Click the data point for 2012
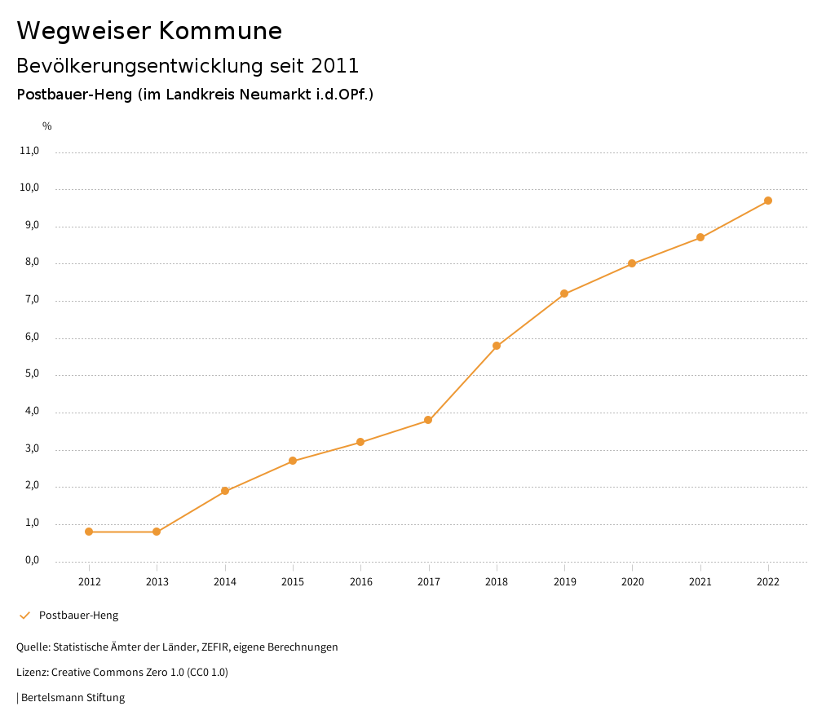(x=89, y=532)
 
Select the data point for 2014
(x=225, y=491)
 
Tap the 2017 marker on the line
(x=428, y=420)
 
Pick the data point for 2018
(x=497, y=346)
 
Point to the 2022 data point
(x=768, y=201)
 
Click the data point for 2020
(x=632, y=263)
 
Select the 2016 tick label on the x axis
(x=360, y=581)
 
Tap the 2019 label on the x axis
(x=564, y=581)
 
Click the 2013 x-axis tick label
(x=157, y=581)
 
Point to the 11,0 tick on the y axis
(x=29, y=151)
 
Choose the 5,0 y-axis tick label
(x=32, y=375)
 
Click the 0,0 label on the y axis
(x=32, y=561)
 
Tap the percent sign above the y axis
(x=47, y=126)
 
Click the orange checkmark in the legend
(x=24, y=616)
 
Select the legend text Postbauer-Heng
(x=78, y=616)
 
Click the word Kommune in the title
(x=220, y=31)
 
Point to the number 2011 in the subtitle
(x=335, y=65)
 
